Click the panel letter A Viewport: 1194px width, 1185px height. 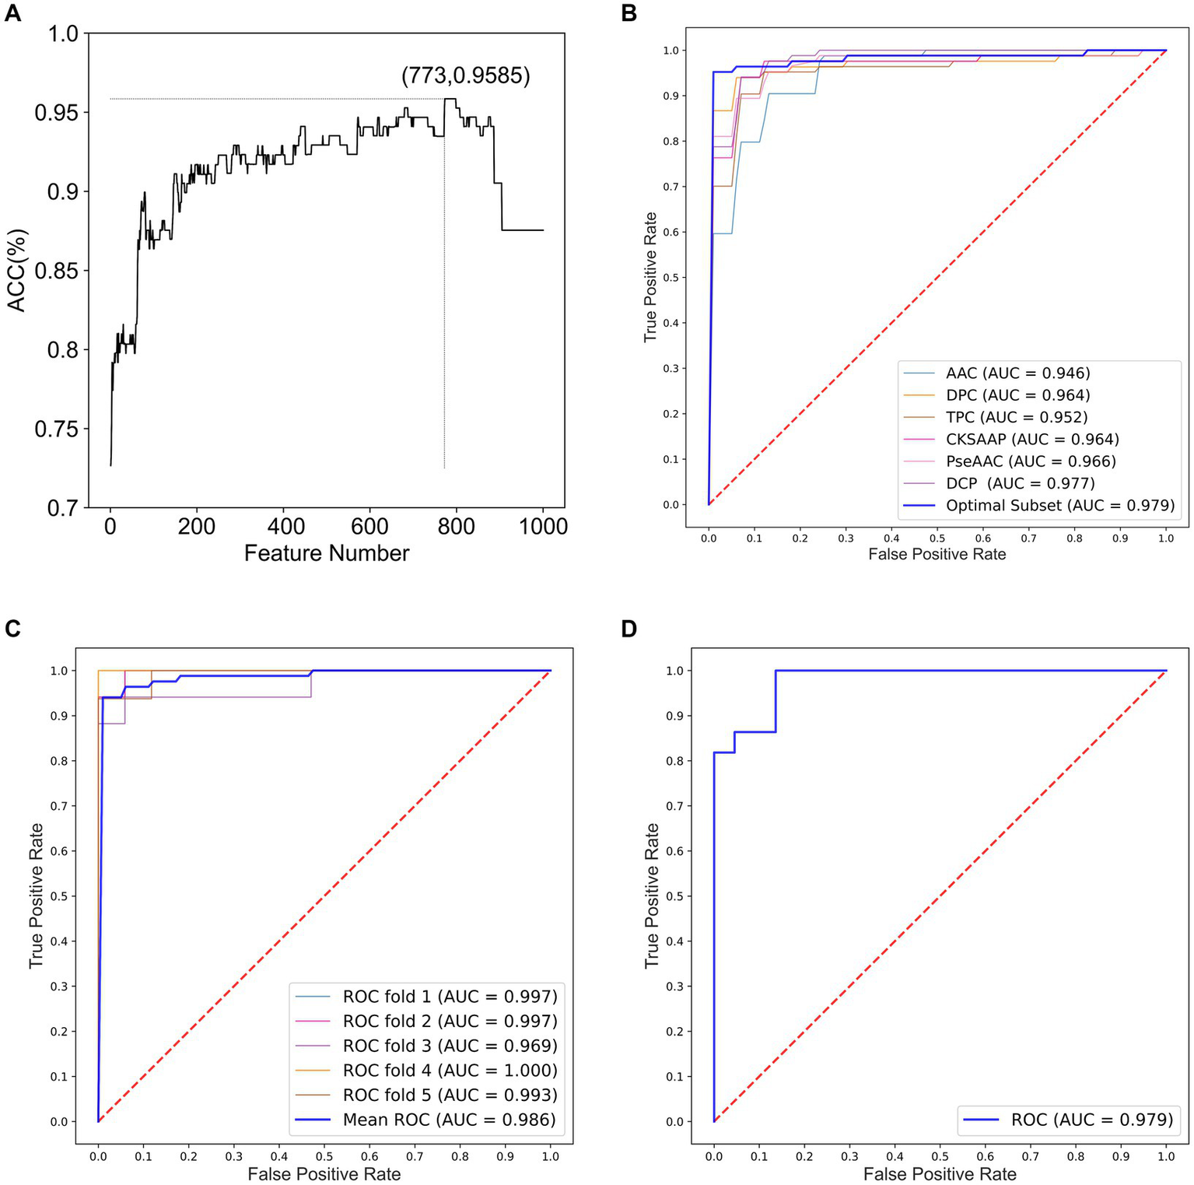(12, 13)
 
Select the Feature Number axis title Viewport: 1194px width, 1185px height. (326, 553)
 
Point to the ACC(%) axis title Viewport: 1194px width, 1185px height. (17, 270)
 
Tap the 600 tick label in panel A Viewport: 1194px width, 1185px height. (369, 527)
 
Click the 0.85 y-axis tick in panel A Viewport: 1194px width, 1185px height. (56, 272)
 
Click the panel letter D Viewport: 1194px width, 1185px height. (629, 629)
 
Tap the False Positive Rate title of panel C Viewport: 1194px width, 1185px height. (324, 1174)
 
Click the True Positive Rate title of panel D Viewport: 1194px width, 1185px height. (652, 896)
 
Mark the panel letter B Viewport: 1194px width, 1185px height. (629, 13)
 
